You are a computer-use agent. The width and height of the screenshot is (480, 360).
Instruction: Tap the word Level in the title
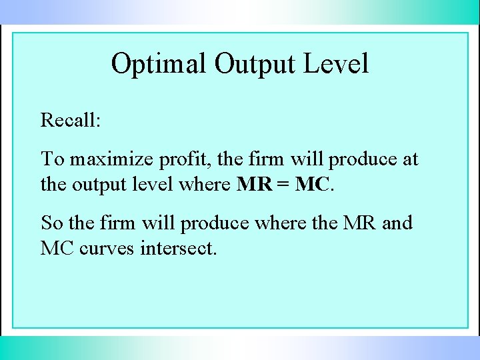(x=337, y=64)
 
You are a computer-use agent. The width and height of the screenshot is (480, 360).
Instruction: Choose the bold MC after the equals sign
(x=312, y=184)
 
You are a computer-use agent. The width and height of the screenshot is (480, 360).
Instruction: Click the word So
(x=51, y=223)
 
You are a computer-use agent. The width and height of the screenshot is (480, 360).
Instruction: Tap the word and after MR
(x=397, y=223)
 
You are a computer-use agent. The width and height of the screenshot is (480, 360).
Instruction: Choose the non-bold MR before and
(x=360, y=223)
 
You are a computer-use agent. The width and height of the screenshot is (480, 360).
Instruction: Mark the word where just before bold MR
(x=205, y=184)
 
